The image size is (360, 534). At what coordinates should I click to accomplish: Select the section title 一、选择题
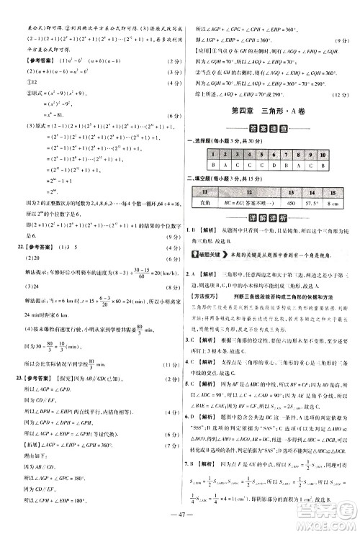(203, 140)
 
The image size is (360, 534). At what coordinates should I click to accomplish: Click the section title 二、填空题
(203, 179)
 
